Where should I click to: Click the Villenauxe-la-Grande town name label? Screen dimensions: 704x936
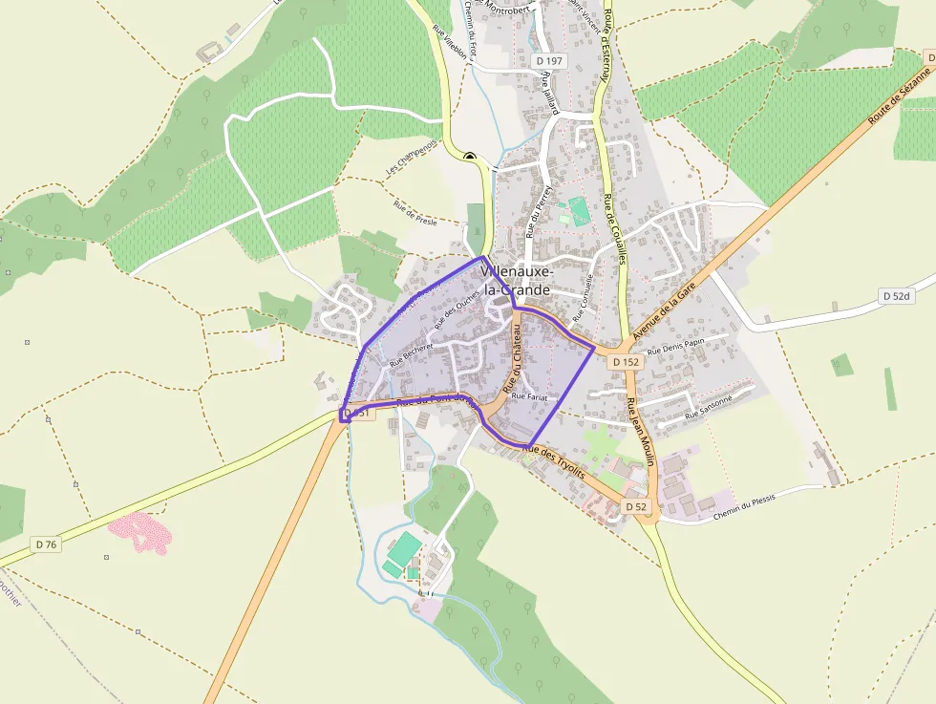(x=517, y=280)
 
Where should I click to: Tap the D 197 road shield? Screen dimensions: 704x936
(x=550, y=61)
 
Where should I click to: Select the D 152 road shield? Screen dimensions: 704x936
(x=626, y=362)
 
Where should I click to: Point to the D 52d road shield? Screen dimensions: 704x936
(x=897, y=296)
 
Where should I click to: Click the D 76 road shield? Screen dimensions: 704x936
(x=47, y=544)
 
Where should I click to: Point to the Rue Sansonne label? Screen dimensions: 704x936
(x=708, y=410)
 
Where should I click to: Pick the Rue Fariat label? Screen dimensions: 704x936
(x=529, y=396)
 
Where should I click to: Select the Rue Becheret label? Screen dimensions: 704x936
(x=412, y=356)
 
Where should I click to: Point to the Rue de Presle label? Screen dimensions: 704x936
(x=415, y=211)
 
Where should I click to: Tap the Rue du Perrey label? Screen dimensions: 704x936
(x=541, y=211)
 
